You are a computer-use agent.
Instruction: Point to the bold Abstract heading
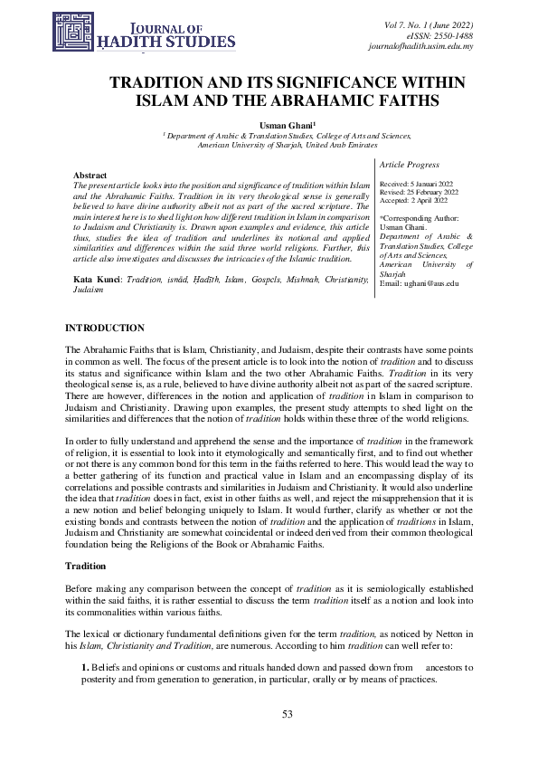[90, 175]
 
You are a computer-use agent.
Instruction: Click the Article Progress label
[410, 165]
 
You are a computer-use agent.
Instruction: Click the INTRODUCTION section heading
[105, 326]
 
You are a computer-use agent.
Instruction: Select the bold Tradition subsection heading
[88, 565]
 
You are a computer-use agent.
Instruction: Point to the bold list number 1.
[85, 667]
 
